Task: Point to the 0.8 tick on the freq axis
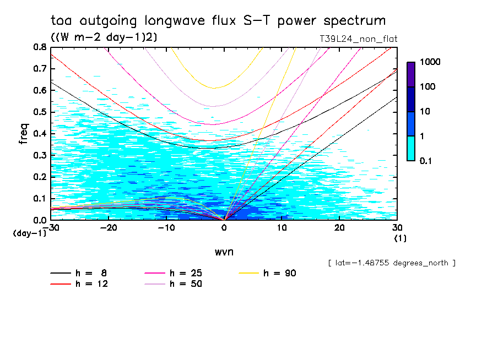(40, 47)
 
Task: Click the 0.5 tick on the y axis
(40, 112)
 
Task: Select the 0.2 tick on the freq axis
(40, 177)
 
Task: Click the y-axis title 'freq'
(24, 133)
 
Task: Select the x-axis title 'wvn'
(224, 252)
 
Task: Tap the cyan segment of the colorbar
(411, 148)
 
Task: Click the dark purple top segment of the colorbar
(411, 74)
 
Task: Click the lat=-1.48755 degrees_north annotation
(392, 263)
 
